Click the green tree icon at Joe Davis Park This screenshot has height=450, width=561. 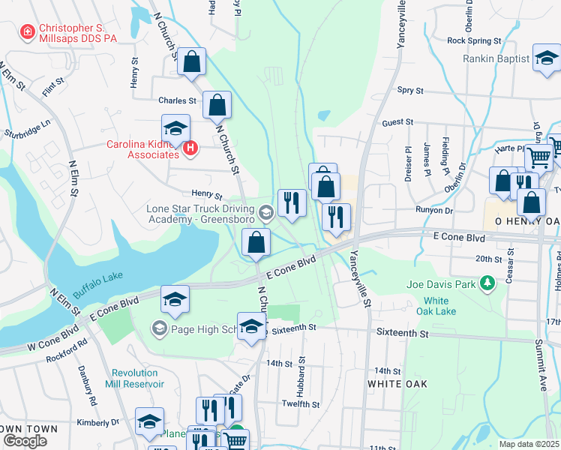(488, 283)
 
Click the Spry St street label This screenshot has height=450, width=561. (410, 90)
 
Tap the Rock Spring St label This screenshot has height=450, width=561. (473, 40)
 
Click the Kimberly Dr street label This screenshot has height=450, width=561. (98, 423)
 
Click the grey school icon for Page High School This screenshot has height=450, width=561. (158, 328)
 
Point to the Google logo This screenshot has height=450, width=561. (25, 441)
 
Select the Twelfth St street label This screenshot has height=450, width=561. (301, 404)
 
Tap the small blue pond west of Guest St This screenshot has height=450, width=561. (323, 116)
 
